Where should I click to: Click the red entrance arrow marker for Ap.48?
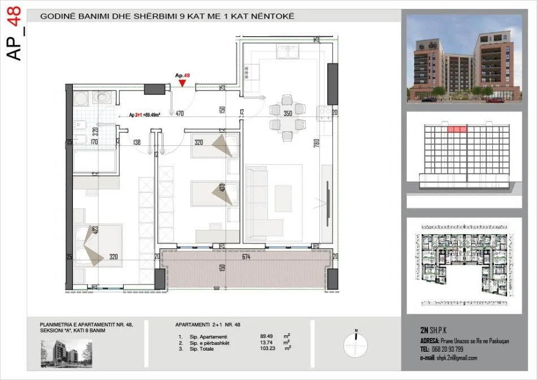[182, 84]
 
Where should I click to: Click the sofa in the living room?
[259, 196]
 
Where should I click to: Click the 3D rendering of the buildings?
[464, 59]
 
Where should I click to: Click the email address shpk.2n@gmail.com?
[456, 358]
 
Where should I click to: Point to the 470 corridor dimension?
[180, 114]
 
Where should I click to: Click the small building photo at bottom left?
[66, 353]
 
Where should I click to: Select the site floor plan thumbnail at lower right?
[464, 266]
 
